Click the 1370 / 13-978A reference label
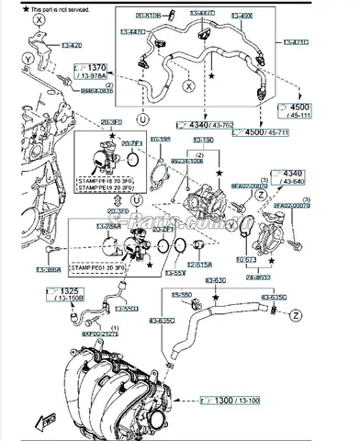pyautogui.click(x=93, y=72)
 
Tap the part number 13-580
pyautogui.click(x=183, y=296)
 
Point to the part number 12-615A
pyautogui.click(x=202, y=264)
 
